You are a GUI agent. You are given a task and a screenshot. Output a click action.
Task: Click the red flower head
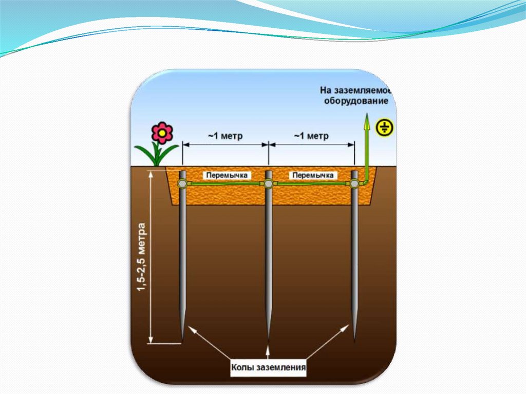point(162,133)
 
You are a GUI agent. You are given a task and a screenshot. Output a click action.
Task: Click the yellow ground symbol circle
point(384,127)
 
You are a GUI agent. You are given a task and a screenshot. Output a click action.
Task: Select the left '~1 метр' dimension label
point(225,136)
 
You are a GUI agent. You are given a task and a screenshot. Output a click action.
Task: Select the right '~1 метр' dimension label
point(311,136)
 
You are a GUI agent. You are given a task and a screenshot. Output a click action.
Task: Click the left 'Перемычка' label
point(227,175)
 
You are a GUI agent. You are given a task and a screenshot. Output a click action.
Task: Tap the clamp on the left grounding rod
point(182,183)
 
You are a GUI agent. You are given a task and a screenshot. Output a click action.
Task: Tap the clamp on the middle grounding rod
point(268,183)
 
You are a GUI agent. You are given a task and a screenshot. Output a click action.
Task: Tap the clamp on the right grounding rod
point(354,183)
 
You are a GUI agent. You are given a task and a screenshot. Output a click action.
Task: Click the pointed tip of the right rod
point(354,340)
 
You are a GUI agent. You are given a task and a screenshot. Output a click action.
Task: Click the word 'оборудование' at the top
point(355,101)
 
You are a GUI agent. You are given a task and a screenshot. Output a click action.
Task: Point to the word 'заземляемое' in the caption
point(365,90)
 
